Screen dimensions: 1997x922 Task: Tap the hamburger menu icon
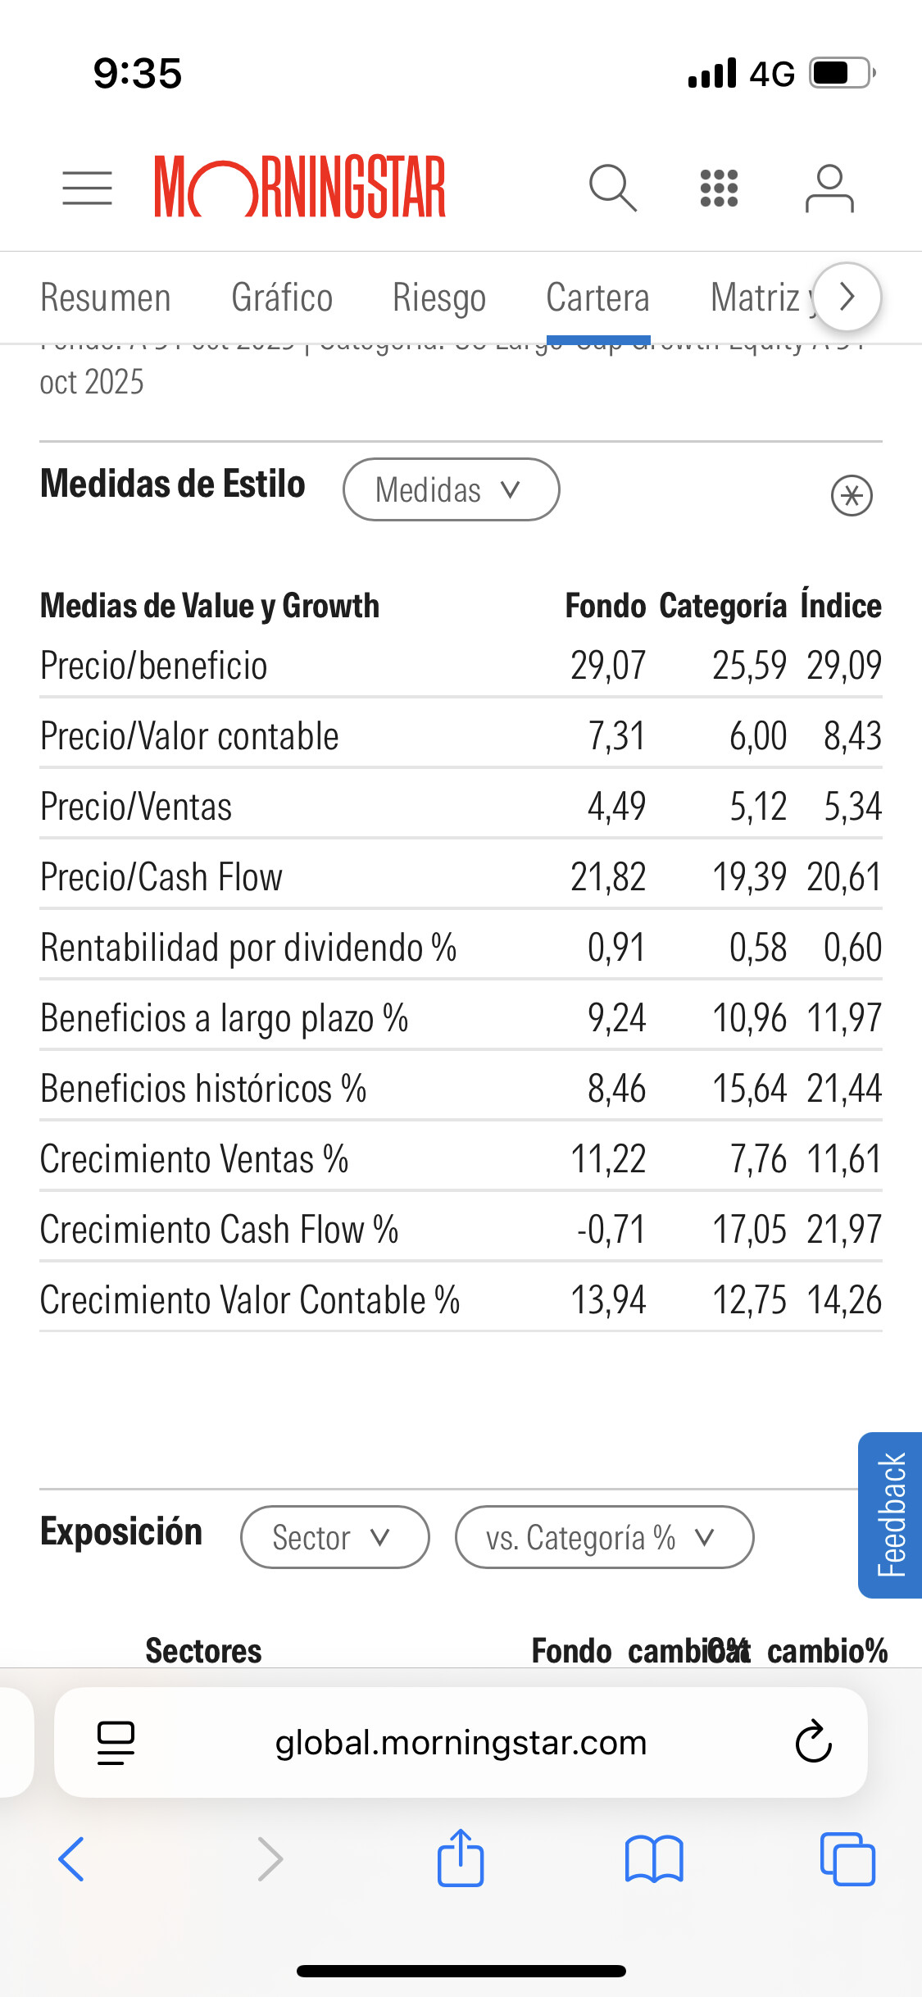(87, 188)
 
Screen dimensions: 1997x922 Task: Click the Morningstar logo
(300, 187)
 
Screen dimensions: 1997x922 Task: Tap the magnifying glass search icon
(612, 188)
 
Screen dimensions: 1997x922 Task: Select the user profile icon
(829, 188)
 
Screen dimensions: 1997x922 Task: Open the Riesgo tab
(439, 298)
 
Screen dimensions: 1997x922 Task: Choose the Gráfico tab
(282, 298)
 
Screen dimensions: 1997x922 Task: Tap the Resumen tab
(106, 298)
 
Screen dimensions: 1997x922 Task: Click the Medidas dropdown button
(451, 489)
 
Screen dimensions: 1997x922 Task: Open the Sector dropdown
(334, 1537)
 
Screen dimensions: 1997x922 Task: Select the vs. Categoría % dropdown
(604, 1537)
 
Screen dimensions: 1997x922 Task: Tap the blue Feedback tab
(891, 1515)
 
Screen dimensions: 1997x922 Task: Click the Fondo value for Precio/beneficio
(608, 665)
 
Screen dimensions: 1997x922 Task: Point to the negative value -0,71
(611, 1230)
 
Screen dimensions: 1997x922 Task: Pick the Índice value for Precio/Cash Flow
(843, 877)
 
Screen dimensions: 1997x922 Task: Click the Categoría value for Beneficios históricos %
(749, 1089)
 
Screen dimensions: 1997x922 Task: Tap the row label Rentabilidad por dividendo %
(248, 948)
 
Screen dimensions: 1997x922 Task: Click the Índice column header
(841, 606)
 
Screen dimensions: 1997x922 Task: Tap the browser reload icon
(813, 1742)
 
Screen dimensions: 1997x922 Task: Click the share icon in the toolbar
(461, 1858)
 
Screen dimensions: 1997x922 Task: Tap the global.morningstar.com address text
(461, 1742)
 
